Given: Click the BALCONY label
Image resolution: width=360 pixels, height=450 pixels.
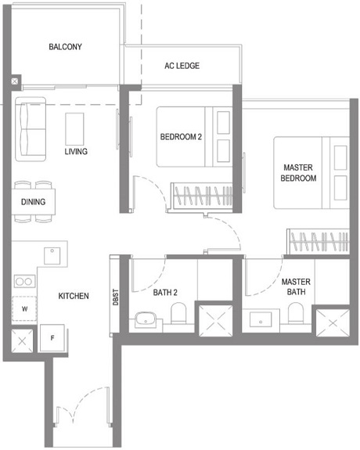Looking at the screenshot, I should (x=65, y=47).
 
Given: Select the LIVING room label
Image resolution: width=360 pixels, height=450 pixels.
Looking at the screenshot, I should (x=76, y=151).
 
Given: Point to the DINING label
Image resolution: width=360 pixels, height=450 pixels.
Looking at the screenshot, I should (x=33, y=202).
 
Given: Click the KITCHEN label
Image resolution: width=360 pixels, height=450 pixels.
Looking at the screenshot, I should (x=74, y=296).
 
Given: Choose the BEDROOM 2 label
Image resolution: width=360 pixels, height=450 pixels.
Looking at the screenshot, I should (x=182, y=136).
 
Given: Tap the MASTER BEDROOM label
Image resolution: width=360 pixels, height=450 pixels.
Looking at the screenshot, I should (x=299, y=173).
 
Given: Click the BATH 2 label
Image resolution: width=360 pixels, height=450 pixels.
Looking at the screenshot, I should (x=165, y=293).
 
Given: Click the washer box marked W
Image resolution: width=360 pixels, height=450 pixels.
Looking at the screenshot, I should (x=25, y=309).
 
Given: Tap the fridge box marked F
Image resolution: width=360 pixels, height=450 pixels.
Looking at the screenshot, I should (x=52, y=338).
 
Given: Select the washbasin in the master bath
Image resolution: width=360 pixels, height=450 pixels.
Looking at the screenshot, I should (x=258, y=319).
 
